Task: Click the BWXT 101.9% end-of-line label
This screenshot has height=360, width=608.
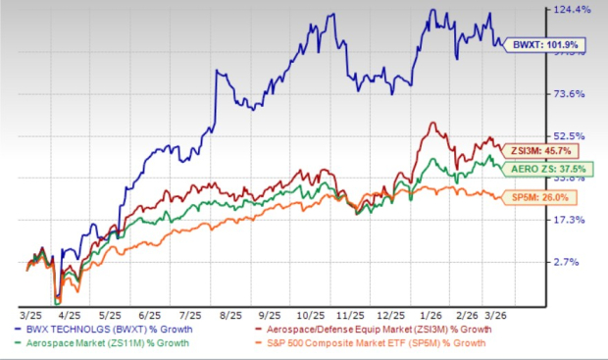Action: (531, 44)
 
